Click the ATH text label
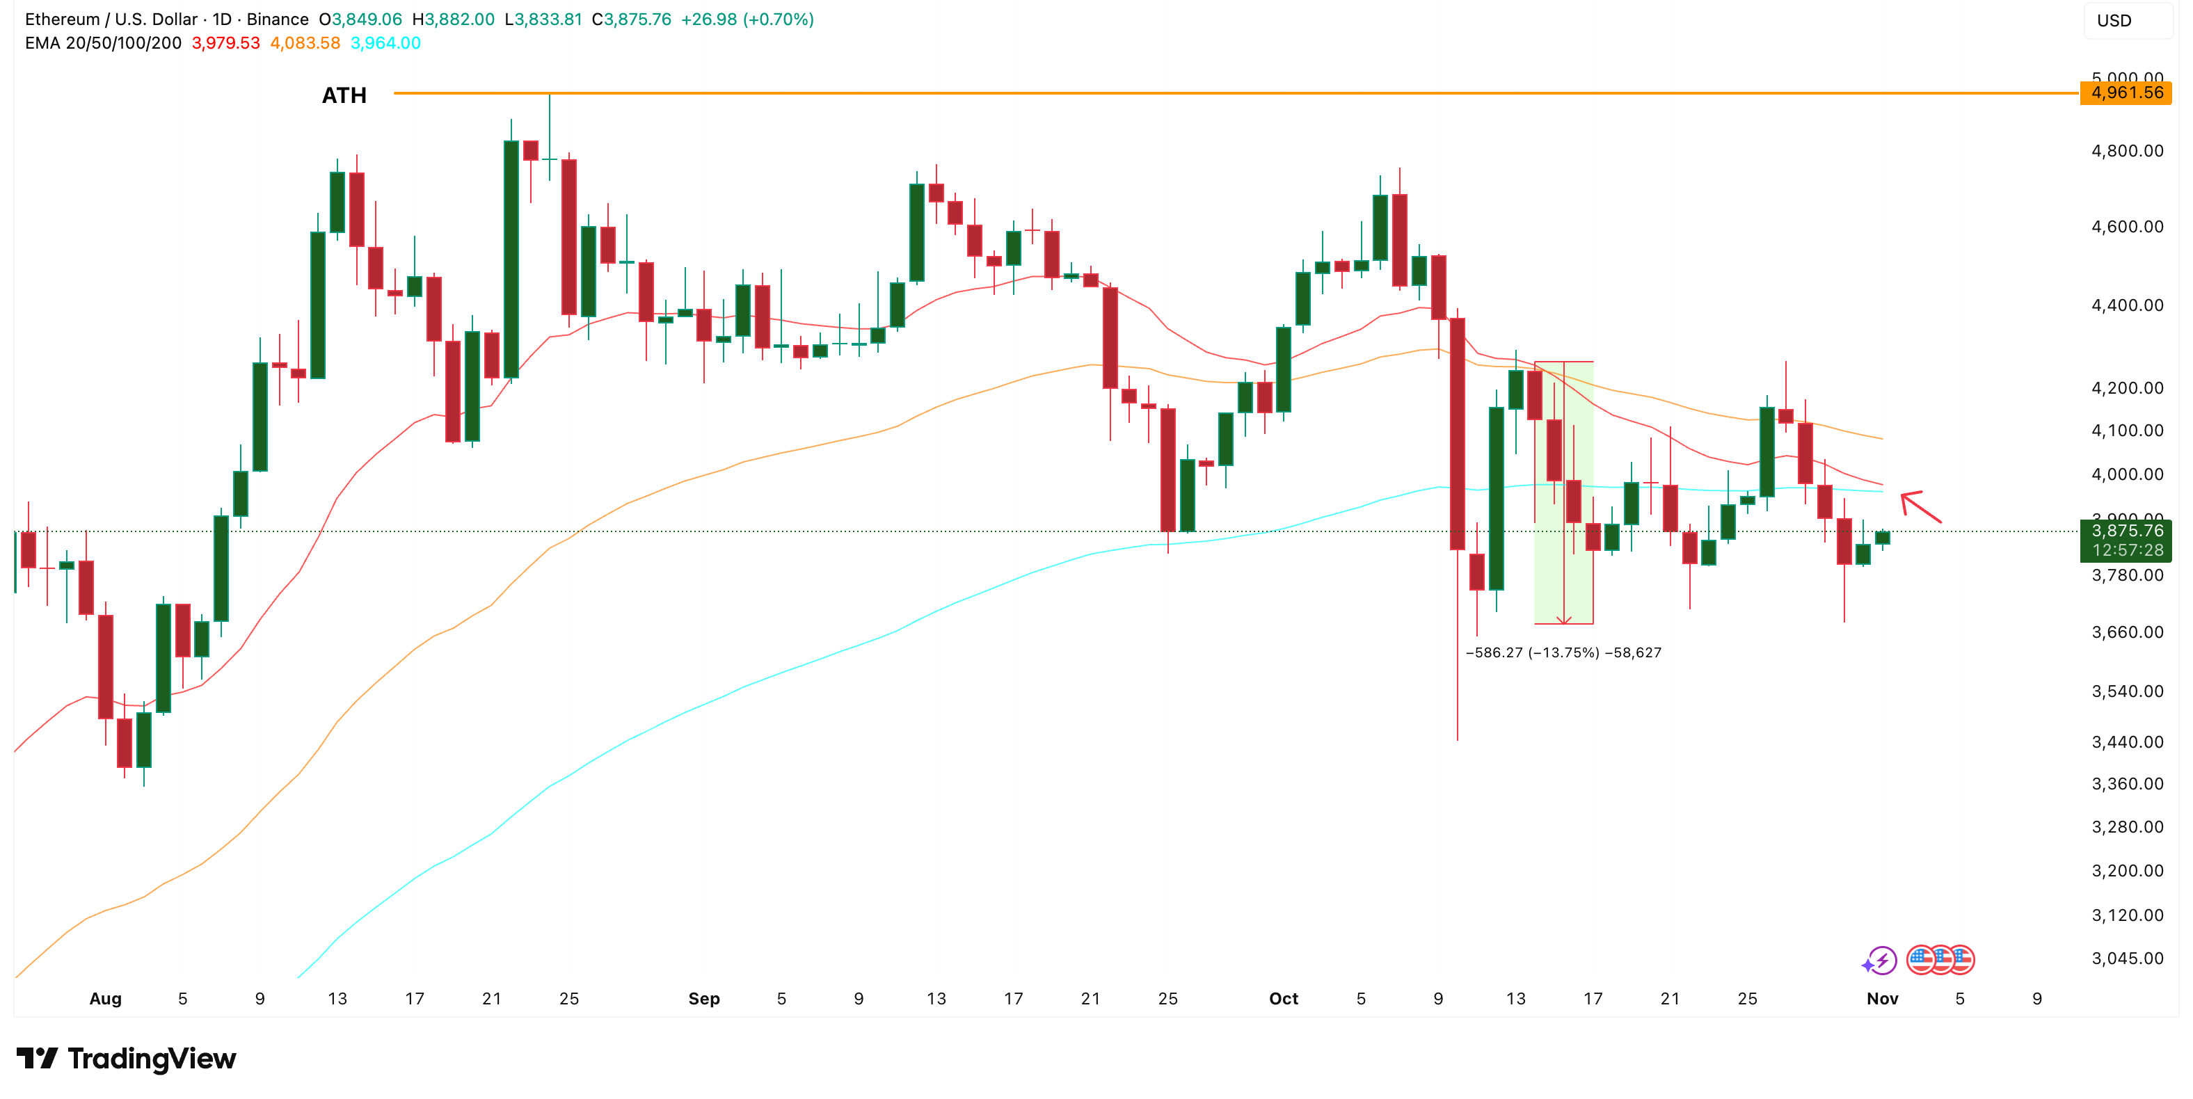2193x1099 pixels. point(344,95)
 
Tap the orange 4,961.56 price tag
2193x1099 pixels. point(2126,93)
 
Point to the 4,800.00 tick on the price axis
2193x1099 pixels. point(2127,152)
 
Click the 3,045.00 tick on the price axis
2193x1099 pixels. point(2127,958)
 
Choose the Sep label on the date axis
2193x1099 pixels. point(703,999)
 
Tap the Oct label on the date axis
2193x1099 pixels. point(1283,999)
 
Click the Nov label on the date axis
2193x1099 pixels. point(1881,999)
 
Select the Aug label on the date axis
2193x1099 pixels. point(106,999)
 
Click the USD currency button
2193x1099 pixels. point(2114,20)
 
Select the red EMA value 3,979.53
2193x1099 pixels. point(225,43)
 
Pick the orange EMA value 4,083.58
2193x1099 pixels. point(305,43)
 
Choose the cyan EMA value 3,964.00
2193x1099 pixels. point(385,43)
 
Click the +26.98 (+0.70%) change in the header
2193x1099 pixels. point(747,19)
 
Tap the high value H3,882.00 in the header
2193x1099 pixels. point(453,19)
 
